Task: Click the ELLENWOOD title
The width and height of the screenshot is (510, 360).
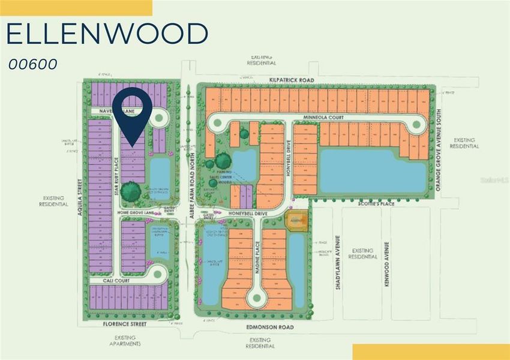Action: click(107, 34)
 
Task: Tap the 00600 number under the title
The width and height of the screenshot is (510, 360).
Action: click(34, 64)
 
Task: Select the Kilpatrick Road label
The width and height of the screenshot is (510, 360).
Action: click(292, 79)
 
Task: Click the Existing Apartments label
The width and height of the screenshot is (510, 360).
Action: click(125, 340)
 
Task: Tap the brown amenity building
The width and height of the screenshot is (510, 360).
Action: click(296, 220)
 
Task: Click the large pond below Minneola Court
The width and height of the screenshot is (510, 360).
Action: click(373, 171)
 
